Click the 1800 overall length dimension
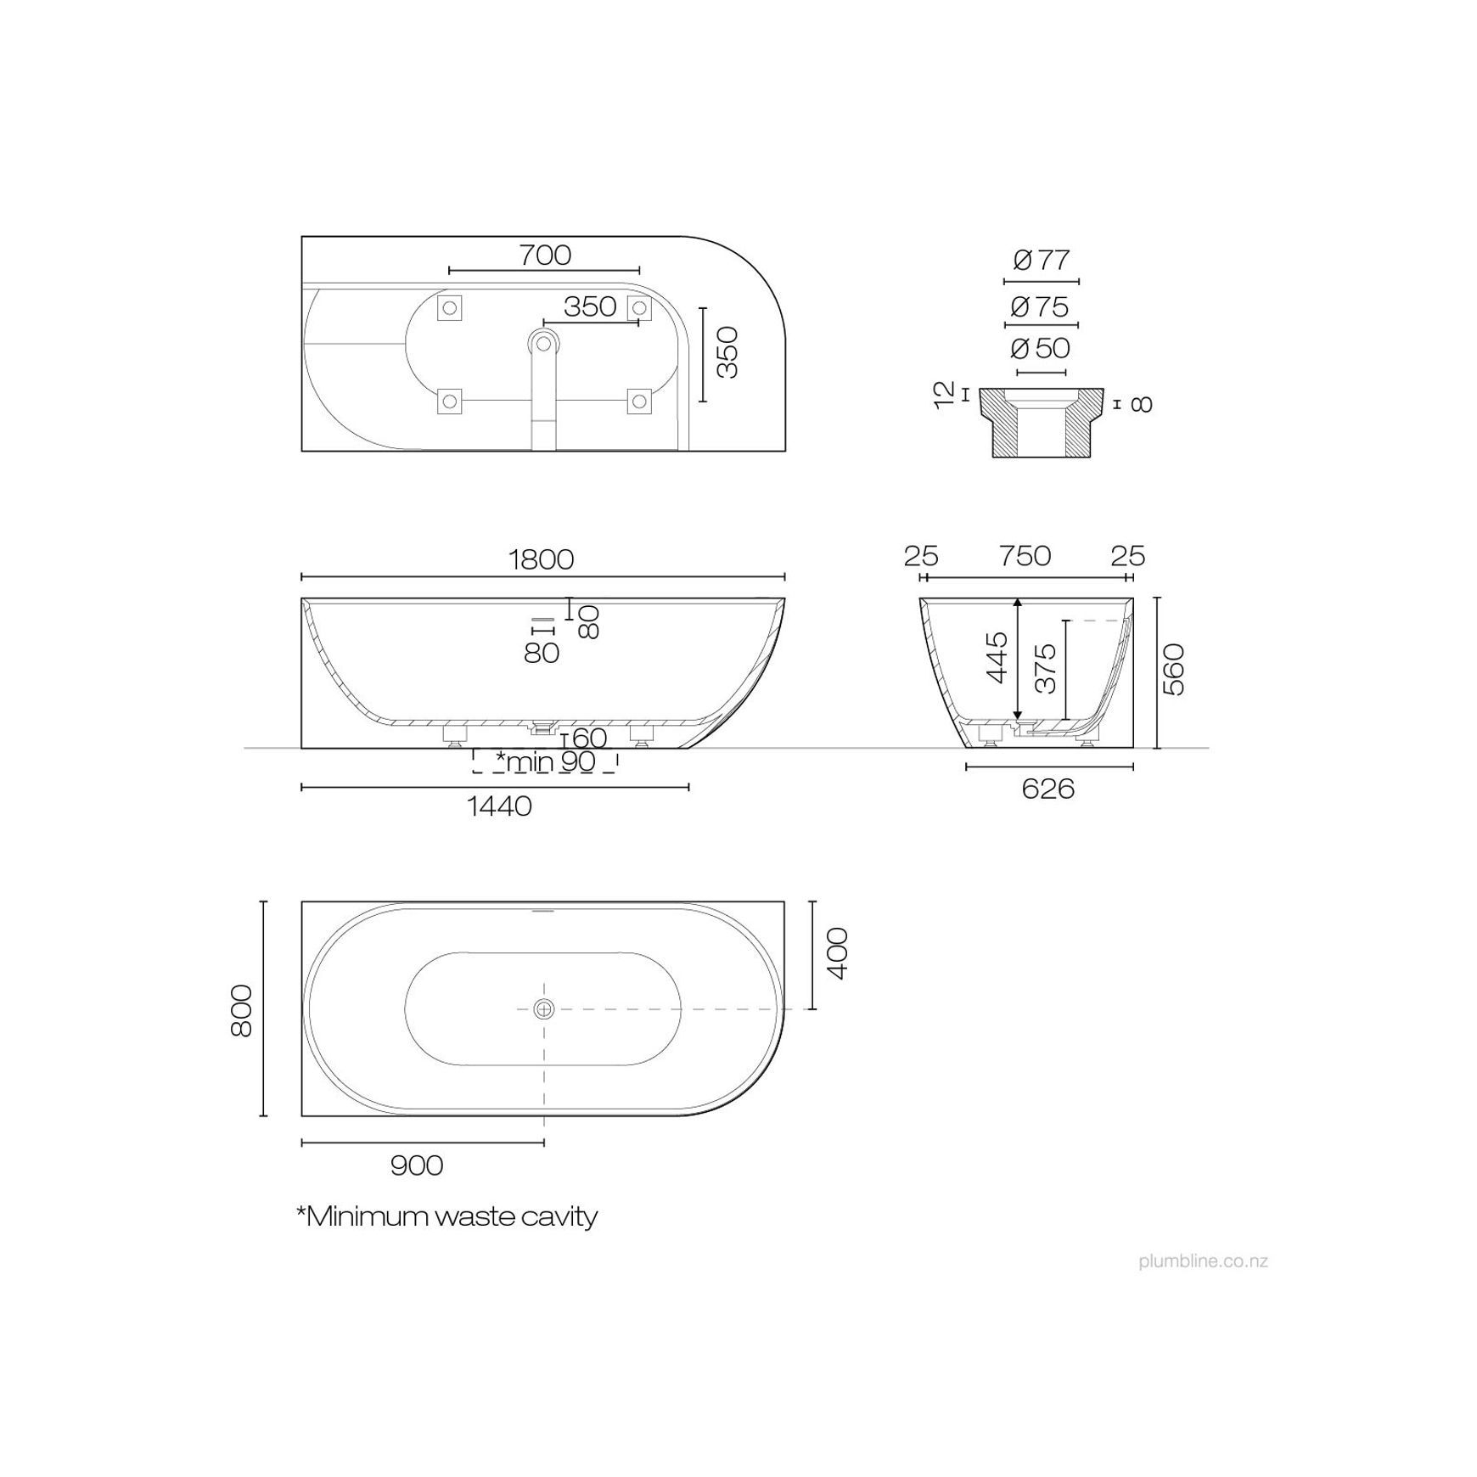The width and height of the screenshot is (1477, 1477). (x=542, y=559)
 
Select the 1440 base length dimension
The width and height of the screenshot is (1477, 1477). (x=499, y=806)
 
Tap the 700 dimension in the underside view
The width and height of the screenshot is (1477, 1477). (x=545, y=255)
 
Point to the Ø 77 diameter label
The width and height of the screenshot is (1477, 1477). (x=1042, y=260)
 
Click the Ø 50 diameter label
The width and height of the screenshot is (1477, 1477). (x=1041, y=348)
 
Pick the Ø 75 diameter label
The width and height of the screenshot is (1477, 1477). (x=1041, y=306)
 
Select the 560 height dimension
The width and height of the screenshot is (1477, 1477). (x=1173, y=670)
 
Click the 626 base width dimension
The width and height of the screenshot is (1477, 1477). (x=1048, y=789)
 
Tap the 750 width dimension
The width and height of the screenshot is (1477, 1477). (x=1025, y=556)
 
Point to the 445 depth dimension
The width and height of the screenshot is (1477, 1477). (x=997, y=657)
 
